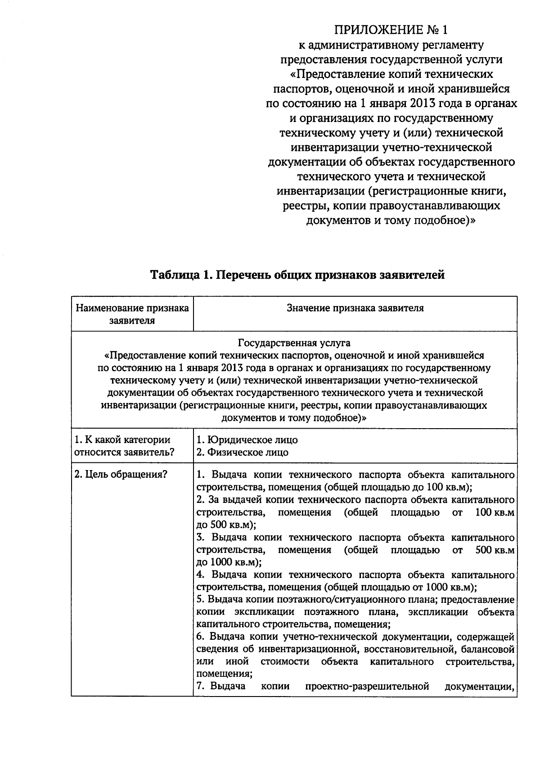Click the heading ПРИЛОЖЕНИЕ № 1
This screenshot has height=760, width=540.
tap(391, 30)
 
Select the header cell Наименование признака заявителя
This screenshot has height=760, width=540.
tap(132, 314)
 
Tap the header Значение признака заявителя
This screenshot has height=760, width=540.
tap(355, 308)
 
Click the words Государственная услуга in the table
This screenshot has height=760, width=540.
tap(294, 343)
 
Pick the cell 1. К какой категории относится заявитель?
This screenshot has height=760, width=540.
tap(125, 446)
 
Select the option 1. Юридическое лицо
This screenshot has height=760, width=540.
tap(247, 439)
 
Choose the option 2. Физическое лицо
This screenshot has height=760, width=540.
tap(243, 452)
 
